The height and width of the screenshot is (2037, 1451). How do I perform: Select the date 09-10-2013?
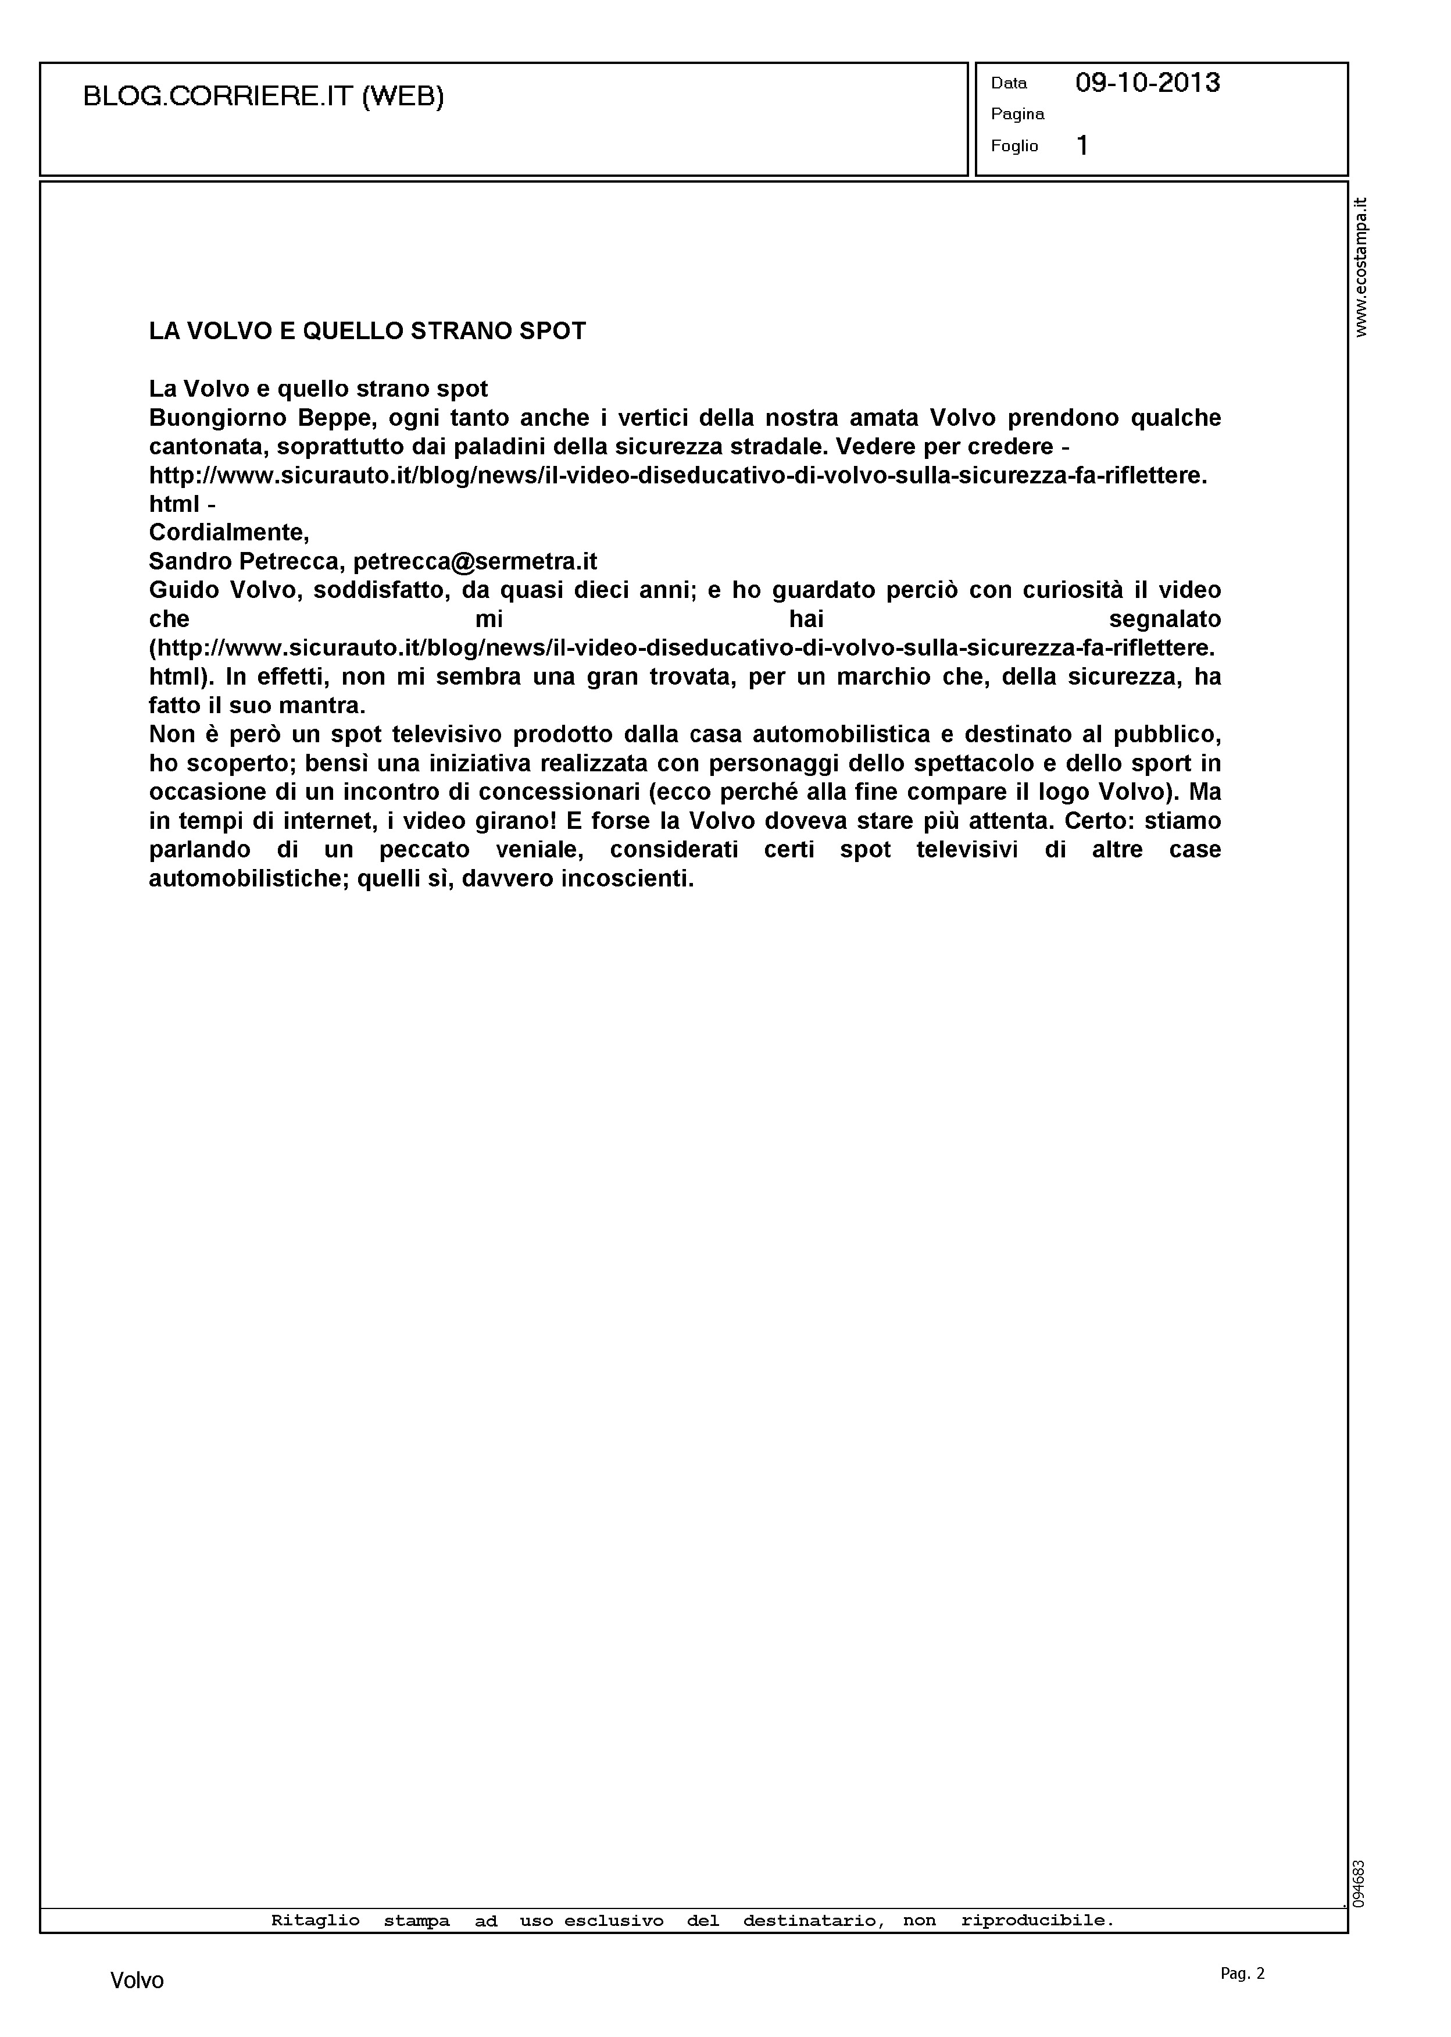click(x=1147, y=83)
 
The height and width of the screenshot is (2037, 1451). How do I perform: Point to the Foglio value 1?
click(x=1082, y=145)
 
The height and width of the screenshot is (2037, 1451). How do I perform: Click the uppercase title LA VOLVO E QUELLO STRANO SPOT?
click(x=367, y=331)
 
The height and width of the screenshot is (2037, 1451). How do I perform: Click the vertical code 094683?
click(x=1360, y=1883)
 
